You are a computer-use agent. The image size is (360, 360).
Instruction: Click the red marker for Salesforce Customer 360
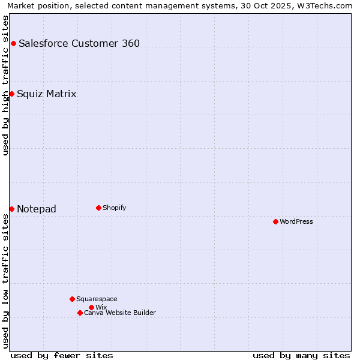[13, 43]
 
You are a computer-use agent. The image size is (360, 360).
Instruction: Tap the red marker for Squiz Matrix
[11, 94]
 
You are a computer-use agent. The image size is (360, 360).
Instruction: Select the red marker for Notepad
[11, 209]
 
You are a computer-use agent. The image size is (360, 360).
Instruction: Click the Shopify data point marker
[98, 208]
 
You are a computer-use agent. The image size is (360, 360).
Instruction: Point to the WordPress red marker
[275, 221]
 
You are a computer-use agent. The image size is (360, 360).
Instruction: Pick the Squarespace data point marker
[72, 299]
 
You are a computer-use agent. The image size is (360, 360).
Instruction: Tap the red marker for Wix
[91, 307]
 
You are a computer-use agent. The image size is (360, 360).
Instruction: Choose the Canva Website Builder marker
[80, 313]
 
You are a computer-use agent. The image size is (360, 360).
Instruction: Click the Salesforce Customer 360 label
[79, 43]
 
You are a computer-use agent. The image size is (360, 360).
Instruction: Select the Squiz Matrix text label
[47, 94]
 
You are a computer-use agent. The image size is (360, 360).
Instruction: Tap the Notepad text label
[37, 209]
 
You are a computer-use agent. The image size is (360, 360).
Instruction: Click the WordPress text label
[296, 221]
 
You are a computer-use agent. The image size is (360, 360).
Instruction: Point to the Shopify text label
[115, 208]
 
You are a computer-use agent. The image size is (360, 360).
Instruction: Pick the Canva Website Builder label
[120, 313]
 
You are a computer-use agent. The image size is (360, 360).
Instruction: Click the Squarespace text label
[97, 299]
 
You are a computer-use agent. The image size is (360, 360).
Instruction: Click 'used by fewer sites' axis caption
[62, 355]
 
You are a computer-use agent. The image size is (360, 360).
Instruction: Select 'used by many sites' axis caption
[301, 355]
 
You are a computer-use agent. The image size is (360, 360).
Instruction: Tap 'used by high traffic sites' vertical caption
[5, 85]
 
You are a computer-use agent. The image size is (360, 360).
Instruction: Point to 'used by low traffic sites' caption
[5, 281]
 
